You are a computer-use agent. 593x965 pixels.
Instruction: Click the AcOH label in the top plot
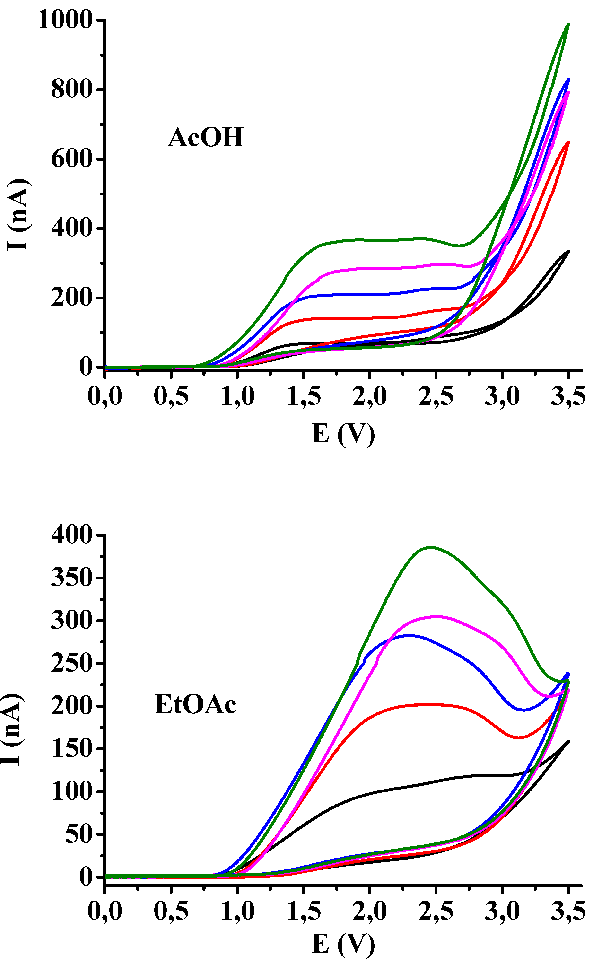click(206, 137)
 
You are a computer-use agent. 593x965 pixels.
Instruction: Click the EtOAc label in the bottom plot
click(195, 704)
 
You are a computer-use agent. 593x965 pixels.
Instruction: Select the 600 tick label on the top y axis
click(71, 159)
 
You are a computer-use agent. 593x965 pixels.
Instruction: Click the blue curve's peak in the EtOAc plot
click(409, 635)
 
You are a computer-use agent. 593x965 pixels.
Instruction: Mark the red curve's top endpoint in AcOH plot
click(568, 142)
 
